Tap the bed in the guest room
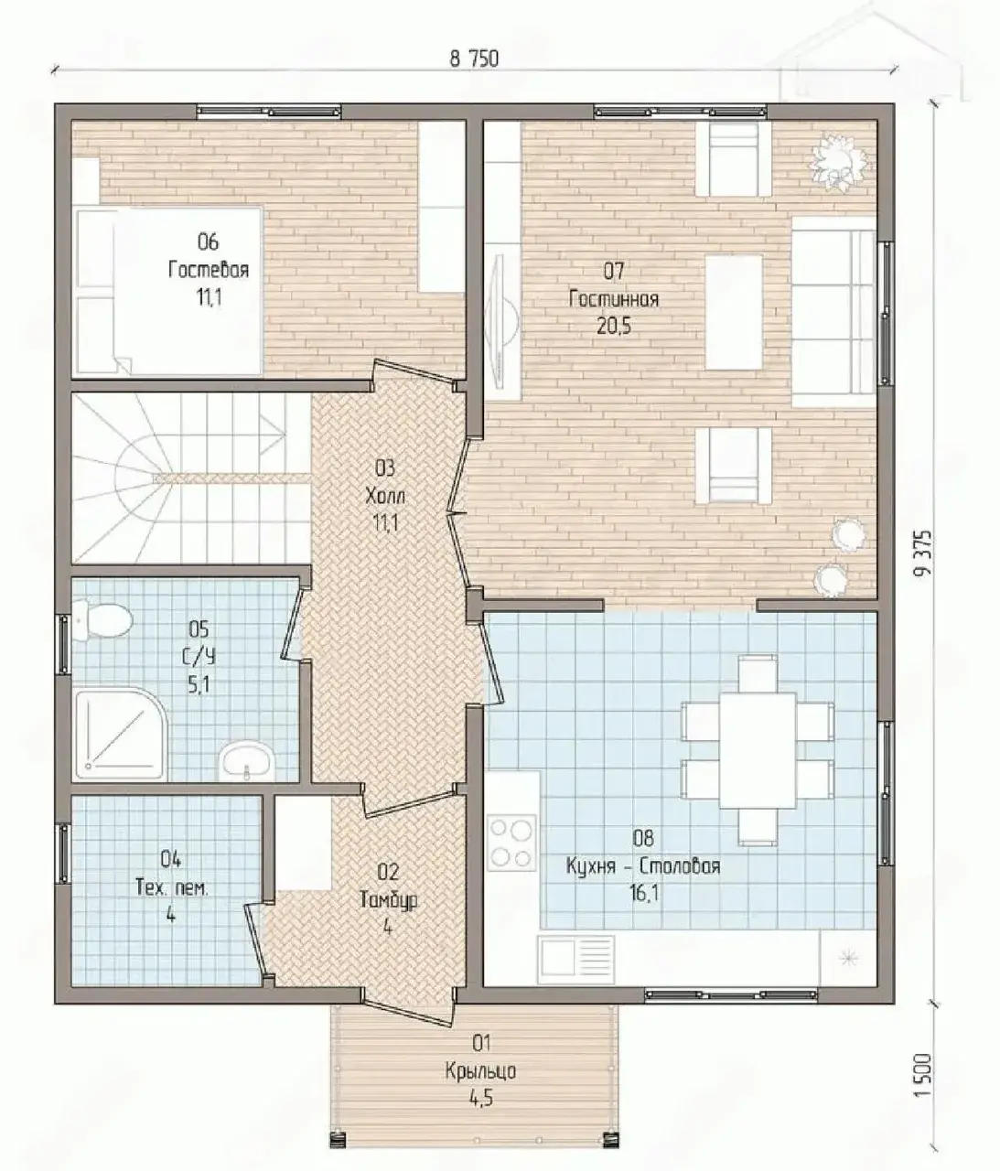(169, 291)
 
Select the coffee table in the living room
(734, 312)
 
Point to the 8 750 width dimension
(474, 59)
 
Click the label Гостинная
(614, 298)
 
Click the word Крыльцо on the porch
(480, 1071)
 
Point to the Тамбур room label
(389, 900)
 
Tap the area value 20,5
(614, 326)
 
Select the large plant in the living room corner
(839, 161)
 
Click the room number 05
(199, 628)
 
